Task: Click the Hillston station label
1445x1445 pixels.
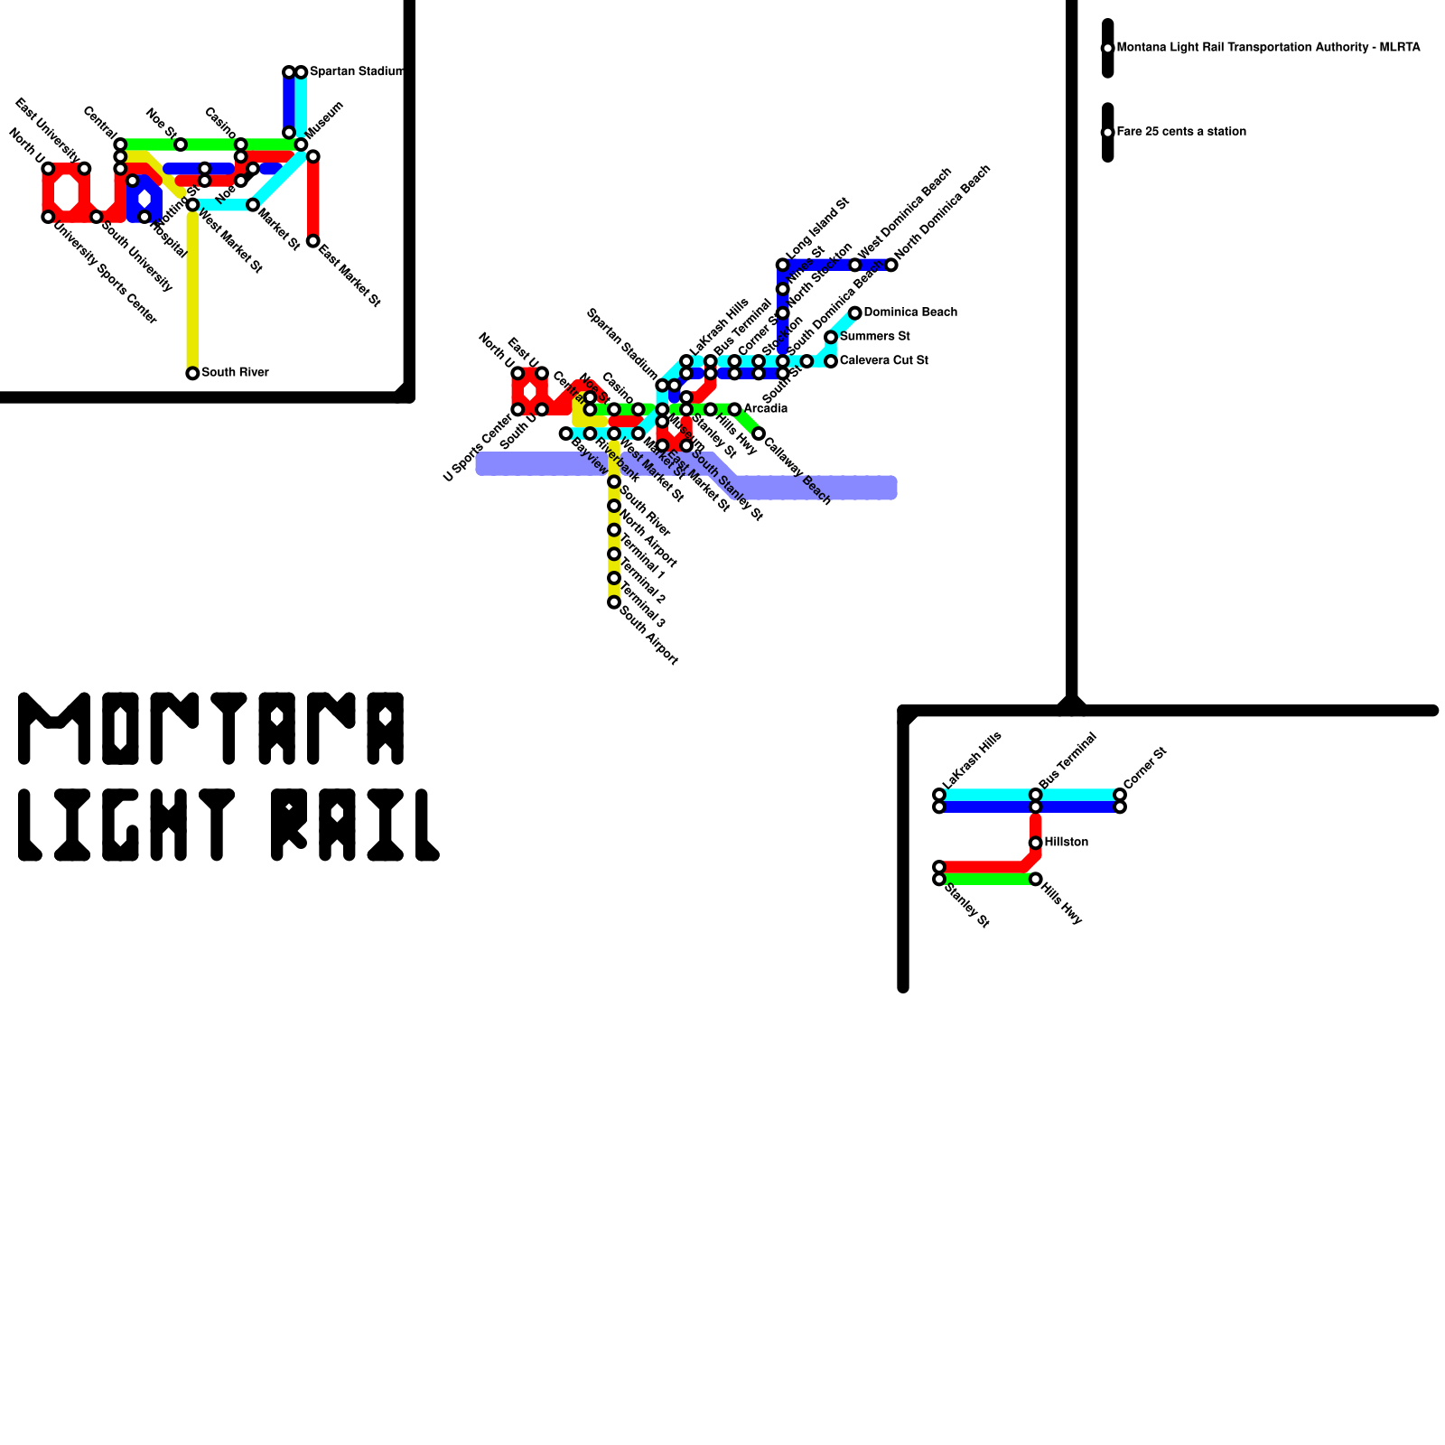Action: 1066,842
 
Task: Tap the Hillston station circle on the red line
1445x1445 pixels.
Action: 1036,843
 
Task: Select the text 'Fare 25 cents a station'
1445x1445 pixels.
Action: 1181,132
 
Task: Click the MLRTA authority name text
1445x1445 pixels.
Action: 1268,47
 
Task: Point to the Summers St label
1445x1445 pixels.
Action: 874,337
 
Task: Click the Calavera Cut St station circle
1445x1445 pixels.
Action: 831,361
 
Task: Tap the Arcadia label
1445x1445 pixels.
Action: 765,409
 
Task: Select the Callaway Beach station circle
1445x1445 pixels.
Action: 759,434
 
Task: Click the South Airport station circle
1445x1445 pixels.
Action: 614,602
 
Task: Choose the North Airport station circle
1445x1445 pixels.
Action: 614,506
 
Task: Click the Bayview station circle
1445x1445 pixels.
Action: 566,434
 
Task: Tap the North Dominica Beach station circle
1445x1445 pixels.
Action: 891,265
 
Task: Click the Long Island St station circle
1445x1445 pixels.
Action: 783,265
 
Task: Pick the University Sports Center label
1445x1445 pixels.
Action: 105,274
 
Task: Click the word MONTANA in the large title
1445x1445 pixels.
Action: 211,729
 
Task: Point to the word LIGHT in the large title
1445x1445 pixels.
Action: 126,825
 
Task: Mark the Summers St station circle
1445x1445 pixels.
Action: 831,338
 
